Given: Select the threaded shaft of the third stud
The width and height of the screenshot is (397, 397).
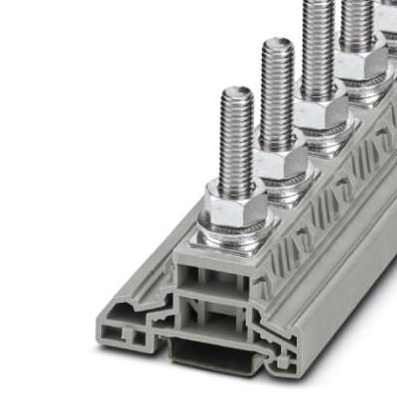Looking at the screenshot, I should pos(317,50).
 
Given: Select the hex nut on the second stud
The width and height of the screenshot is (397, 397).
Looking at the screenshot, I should pos(280,161).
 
